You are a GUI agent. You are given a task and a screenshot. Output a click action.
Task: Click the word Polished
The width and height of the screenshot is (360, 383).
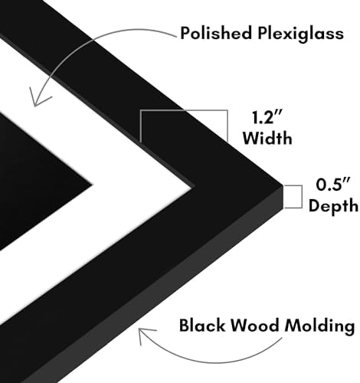[216, 33]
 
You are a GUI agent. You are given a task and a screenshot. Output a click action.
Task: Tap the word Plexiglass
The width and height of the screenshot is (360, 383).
[300, 34]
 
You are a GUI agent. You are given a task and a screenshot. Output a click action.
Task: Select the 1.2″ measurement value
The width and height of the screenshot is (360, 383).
[267, 117]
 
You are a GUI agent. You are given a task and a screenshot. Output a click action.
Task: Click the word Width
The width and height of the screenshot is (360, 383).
[267, 138]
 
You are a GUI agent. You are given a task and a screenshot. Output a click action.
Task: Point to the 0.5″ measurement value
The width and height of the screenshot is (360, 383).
[332, 185]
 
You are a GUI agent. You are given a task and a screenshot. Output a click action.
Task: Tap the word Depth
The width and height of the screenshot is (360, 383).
[333, 205]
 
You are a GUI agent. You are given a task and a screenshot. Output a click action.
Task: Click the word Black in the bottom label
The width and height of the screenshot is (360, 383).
[202, 326]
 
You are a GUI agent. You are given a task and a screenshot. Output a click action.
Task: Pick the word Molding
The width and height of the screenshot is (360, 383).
[320, 326]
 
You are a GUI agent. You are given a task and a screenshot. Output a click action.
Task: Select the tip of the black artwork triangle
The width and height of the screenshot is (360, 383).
[92, 184]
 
